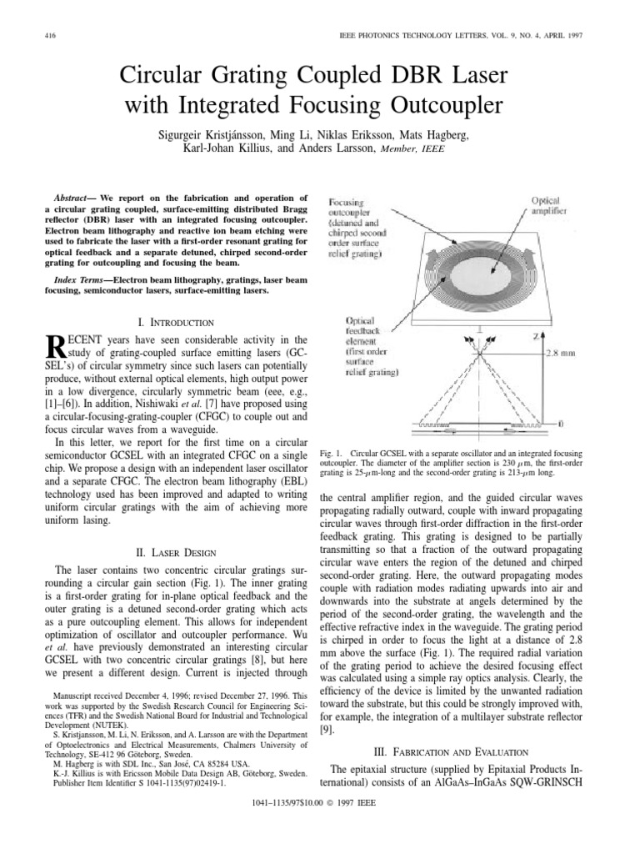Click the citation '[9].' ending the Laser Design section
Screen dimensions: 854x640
pos(327,728)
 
